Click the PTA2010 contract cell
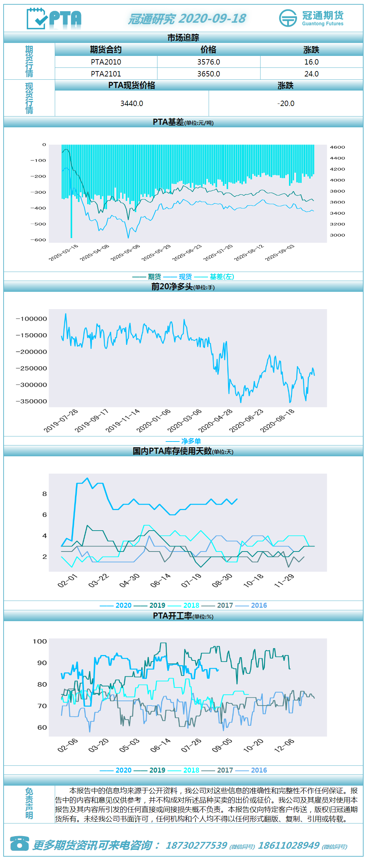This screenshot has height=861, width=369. (106, 62)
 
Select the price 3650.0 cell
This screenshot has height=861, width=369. (209, 74)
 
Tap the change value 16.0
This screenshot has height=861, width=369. (311, 62)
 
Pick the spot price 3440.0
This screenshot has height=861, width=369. (132, 104)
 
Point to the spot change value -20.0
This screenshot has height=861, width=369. (286, 104)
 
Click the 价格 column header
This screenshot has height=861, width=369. (209, 50)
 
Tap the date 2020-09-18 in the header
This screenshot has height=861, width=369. (212, 18)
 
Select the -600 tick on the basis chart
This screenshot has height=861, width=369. (38, 240)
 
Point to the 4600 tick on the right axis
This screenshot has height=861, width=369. (338, 147)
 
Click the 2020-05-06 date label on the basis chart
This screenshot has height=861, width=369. (125, 252)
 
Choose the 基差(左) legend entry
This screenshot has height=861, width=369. (222, 277)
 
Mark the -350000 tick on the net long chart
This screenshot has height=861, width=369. (32, 401)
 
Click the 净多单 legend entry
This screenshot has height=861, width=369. (191, 441)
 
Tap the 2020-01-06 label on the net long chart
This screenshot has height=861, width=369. (153, 421)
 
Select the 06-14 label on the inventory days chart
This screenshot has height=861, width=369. (160, 580)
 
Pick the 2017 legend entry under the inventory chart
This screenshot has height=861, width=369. (225, 605)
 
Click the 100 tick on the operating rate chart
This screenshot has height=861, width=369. (40, 641)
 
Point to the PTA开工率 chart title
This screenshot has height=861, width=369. (183, 616)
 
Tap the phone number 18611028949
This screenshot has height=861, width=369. (289, 845)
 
